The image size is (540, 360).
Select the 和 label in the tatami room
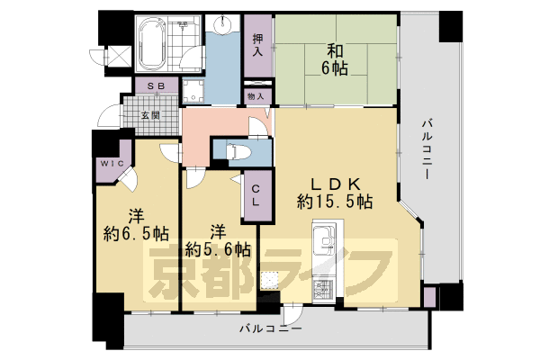click(335, 48)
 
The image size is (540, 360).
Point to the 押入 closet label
click(257, 45)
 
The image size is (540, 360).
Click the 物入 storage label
click(255, 95)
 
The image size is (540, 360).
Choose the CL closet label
click(256, 195)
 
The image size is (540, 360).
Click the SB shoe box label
click(156, 85)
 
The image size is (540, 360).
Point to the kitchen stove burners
click(323, 291)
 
